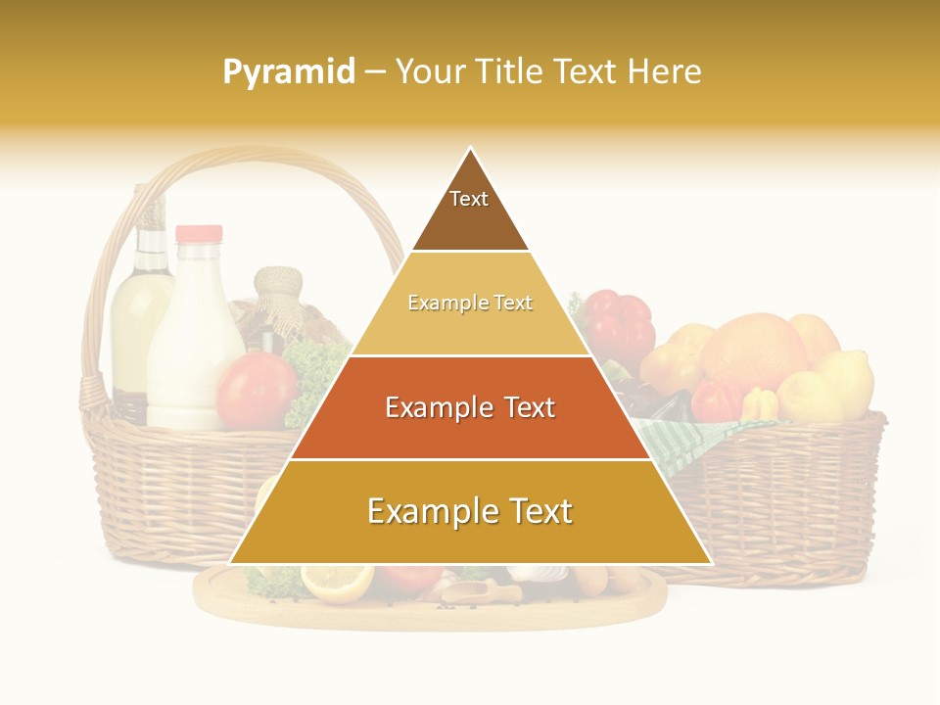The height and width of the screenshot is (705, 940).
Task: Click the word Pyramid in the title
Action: point(288,72)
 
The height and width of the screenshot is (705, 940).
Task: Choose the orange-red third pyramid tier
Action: point(470,408)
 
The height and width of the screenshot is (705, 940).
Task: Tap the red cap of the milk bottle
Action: point(199,234)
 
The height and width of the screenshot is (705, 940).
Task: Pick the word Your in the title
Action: point(428,72)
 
